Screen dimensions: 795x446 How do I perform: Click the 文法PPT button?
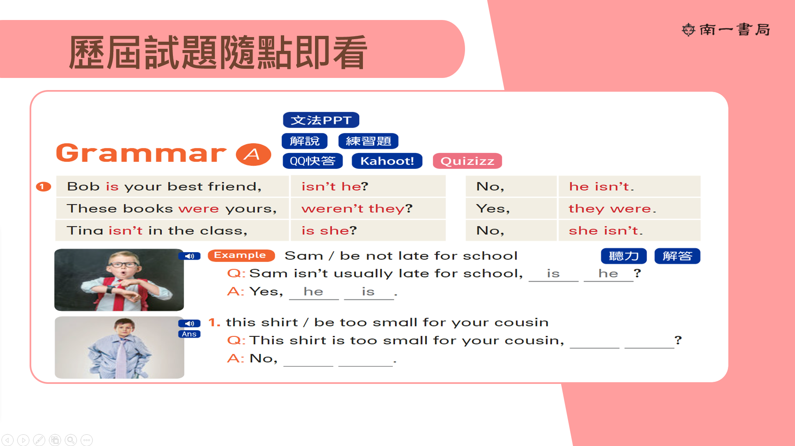coord(321,120)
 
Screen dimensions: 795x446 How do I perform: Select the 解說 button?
coord(305,141)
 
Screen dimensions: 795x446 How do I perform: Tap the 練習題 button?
coord(368,141)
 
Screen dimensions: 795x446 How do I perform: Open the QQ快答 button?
coord(312,161)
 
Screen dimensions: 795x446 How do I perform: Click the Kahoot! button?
coord(387,161)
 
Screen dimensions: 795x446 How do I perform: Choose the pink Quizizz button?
coord(467,161)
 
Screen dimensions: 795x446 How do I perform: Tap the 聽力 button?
coord(624,256)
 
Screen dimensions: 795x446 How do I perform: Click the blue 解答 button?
coord(677,256)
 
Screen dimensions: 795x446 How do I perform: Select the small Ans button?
coord(189,334)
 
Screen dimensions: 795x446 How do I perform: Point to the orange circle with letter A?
coord(253,154)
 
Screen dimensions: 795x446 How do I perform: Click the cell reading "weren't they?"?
coord(368,208)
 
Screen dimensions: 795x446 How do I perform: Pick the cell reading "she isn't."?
coord(629,231)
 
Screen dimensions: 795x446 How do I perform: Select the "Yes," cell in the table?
coord(511,208)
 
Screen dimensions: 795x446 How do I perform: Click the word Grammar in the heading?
coord(141,153)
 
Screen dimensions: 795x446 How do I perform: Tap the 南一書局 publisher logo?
coord(726,30)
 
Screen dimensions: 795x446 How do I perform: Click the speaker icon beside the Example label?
coord(190,256)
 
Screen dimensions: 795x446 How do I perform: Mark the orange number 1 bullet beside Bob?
coord(43,186)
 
